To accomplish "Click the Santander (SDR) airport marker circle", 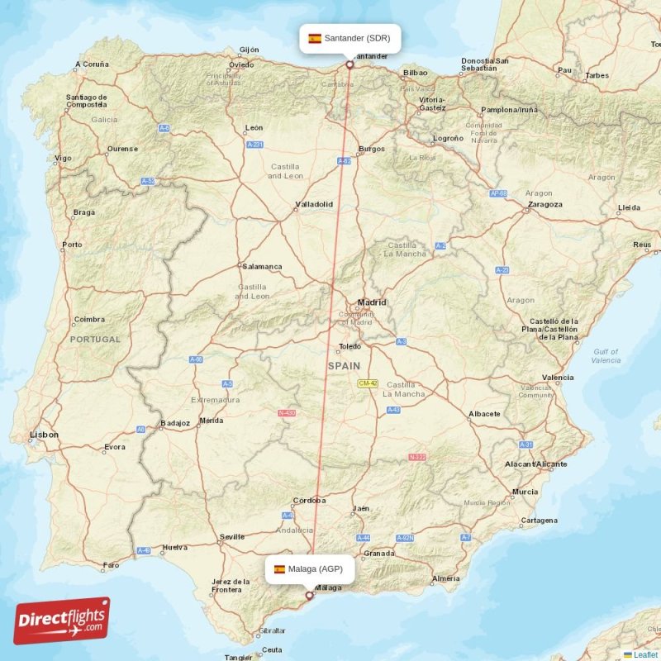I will click(350, 64).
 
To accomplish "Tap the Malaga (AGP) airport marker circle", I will click(310, 595).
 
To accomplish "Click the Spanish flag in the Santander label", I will click(315, 38).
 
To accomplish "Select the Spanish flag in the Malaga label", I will click(280, 569).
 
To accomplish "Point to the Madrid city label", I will click(371, 302).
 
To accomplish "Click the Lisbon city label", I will click(44, 434).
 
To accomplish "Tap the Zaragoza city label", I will click(544, 204).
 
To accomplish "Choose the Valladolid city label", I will click(314, 204).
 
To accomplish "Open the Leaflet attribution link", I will click(644, 654).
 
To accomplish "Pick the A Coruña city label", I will click(91, 64).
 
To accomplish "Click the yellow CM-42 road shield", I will click(368, 383).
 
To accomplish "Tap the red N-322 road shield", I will click(417, 457).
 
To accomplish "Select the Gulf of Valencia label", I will click(606, 356).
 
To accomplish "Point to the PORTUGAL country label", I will click(95, 340).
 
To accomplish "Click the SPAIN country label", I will click(344, 365).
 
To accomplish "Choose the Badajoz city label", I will click(175, 423).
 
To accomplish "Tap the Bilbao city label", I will click(415, 73).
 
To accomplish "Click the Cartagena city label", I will click(539, 521).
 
